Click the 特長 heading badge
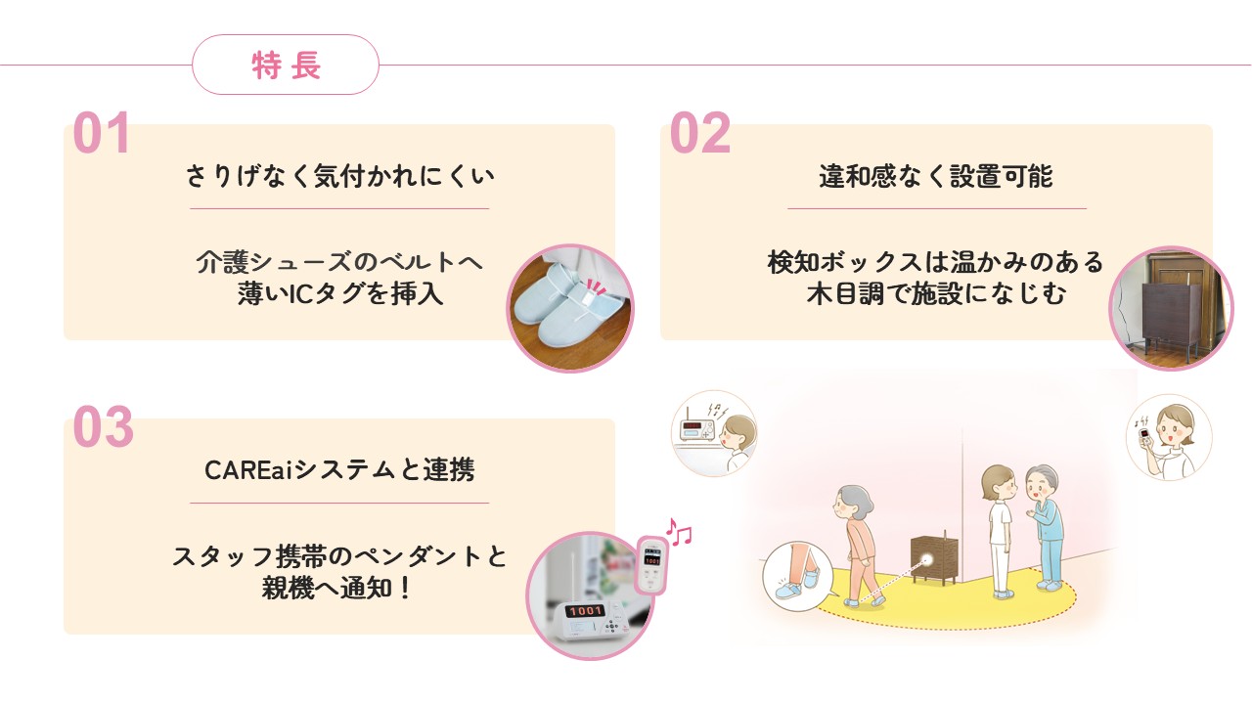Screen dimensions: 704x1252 pyautogui.click(x=286, y=66)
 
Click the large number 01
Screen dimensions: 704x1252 pyautogui.click(x=102, y=134)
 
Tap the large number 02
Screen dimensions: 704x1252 pyautogui.click(x=699, y=134)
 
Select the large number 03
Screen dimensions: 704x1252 pyautogui.click(x=103, y=428)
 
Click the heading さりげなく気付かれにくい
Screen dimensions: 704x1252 pyautogui.click(x=339, y=177)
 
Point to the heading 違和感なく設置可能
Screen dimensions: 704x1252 pyautogui.click(x=936, y=177)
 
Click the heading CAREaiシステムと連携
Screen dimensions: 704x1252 pyautogui.click(x=339, y=470)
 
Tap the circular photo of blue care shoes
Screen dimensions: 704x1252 pyautogui.click(x=570, y=308)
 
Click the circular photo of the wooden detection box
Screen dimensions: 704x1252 pyautogui.click(x=1171, y=308)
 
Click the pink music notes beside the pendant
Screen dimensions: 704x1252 pyautogui.click(x=678, y=533)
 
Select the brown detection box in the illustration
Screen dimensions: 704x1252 pyautogui.click(x=933, y=559)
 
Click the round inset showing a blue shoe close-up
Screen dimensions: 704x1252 pyautogui.click(x=795, y=578)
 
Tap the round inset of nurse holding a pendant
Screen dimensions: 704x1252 pyautogui.click(x=1168, y=437)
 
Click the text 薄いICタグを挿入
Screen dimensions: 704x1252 pyautogui.click(x=339, y=293)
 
